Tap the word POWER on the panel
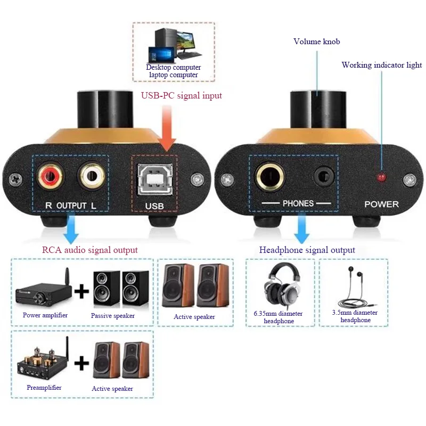pyautogui.click(x=381, y=204)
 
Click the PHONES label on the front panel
pyautogui.click(x=298, y=203)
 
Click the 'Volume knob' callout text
pyautogui.click(x=316, y=42)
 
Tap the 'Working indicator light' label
pyautogui.click(x=381, y=65)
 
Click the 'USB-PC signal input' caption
pyautogui.click(x=181, y=96)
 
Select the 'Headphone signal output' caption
pyautogui.click(x=307, y=250)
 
